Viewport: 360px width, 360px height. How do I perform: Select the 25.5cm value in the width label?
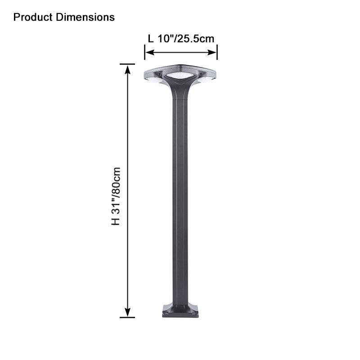195,39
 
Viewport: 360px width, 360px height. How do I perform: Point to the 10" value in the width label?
166,39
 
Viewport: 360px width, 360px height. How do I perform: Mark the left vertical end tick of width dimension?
144,52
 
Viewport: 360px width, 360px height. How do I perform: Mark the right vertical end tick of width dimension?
217,52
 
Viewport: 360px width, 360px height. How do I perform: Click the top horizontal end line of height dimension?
127,64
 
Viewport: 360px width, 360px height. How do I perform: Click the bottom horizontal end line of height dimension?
127,317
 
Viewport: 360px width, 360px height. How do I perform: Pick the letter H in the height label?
116,221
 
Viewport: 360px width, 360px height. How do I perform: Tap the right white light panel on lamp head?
205,80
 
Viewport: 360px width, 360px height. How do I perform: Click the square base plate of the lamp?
180,311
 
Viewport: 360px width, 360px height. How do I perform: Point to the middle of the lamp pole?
180,198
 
